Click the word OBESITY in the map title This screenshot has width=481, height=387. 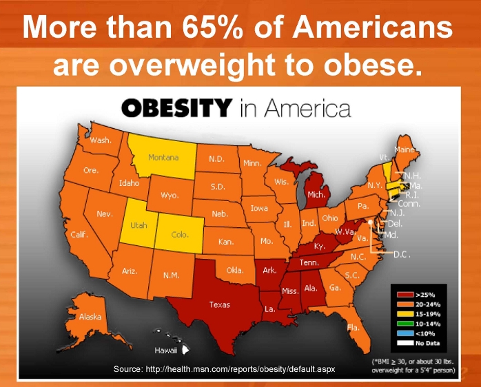[x=176, y=108]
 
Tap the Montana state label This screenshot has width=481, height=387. [x=163, y=158]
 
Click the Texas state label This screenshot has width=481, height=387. [x=220, y=304]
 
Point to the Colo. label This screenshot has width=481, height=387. [x=179, y=235]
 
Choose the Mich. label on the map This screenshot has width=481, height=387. [x=316, y=195]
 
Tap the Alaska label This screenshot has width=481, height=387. [x=90, y=317]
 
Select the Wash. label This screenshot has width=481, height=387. [x=101, y=140]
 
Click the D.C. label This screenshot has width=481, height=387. [x=402, y=253]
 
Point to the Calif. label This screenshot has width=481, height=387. [x=79, y=235]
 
